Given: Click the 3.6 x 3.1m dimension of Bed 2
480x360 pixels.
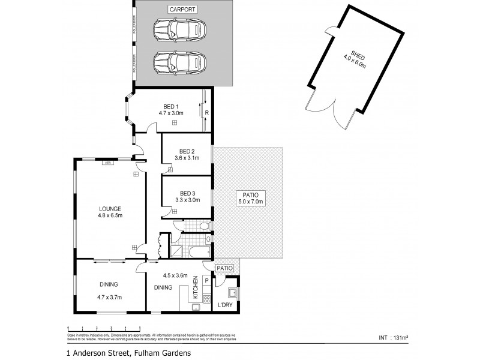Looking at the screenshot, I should (187, 158).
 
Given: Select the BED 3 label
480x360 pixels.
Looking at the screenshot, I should (187, 193).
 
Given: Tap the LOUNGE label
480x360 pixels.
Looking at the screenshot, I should (110, 209).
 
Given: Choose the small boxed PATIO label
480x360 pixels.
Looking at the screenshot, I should (225, 268).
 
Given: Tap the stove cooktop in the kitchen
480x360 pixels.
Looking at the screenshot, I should (206, 299).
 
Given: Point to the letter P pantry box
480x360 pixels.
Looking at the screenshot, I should (206, 280).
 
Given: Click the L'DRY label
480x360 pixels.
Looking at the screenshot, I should (225, 305).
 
